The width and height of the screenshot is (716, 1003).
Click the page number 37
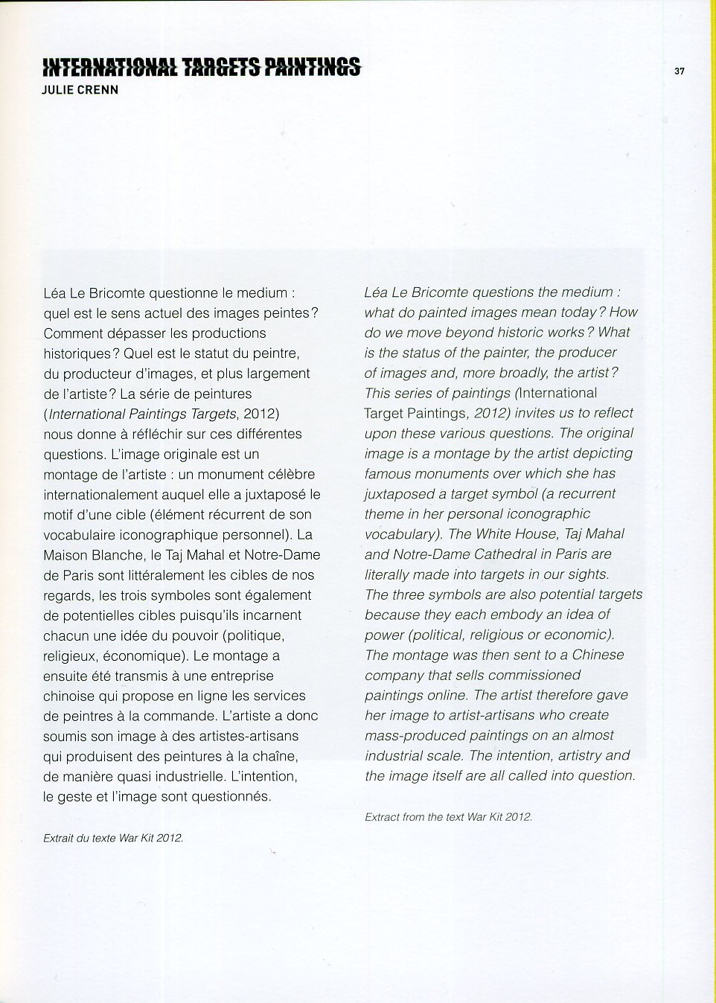[679, 71]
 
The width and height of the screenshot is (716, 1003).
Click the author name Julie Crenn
[80, 91]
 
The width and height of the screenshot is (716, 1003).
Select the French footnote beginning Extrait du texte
[113, 838]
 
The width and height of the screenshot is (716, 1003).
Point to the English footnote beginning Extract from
[448, 817]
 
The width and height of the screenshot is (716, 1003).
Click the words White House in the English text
[516, 534]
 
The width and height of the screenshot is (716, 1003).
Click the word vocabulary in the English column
[400, 534]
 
